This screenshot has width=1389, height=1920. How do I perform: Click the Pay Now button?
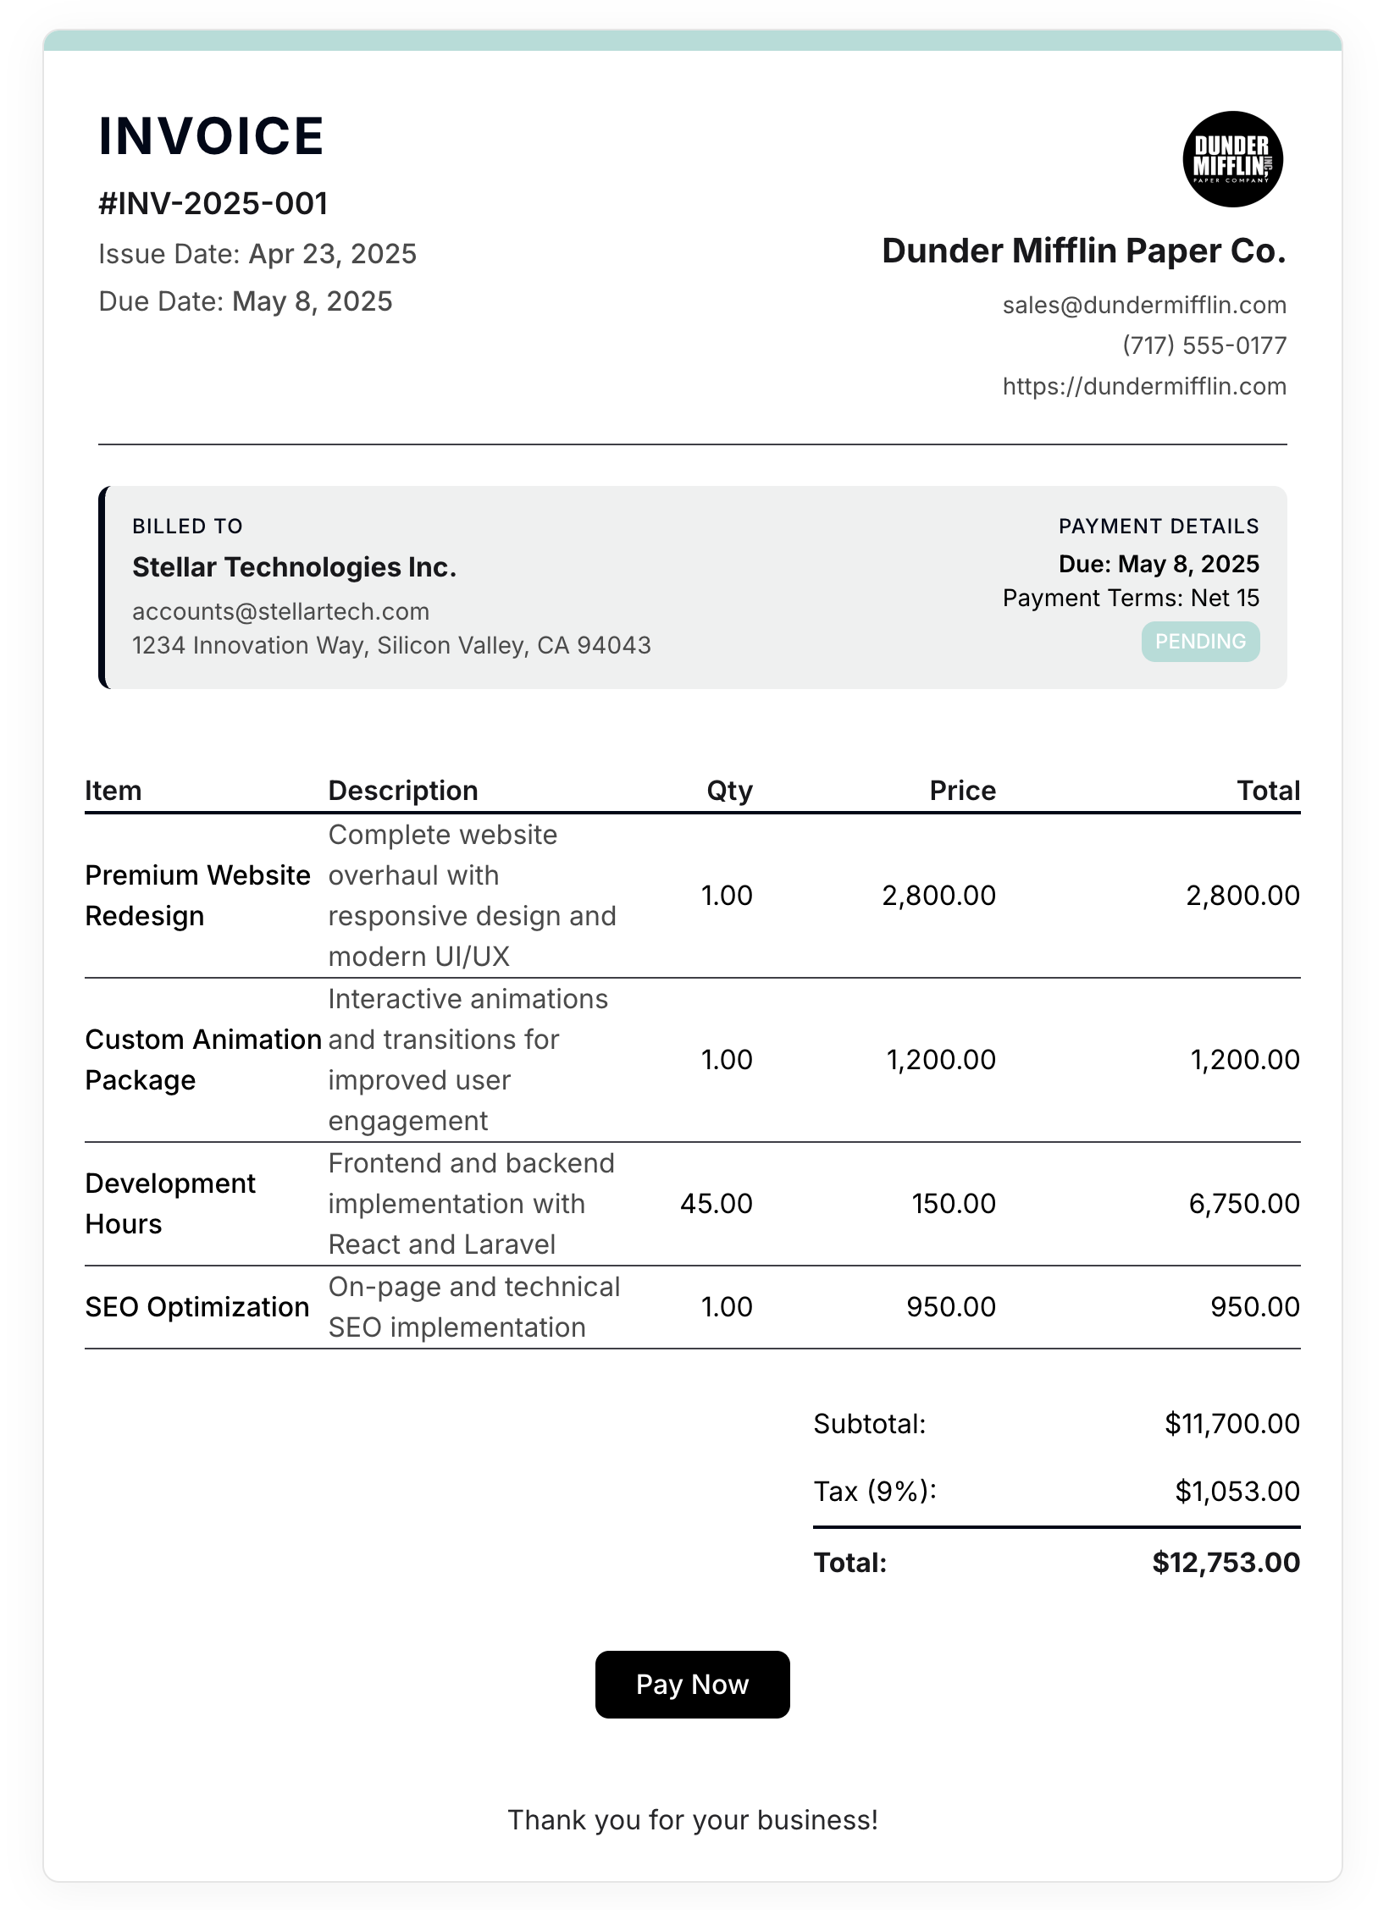coord(692,1684)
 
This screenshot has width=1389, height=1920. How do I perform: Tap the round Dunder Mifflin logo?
coord(1232,159)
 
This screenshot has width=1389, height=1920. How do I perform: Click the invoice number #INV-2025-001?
coord(213,203)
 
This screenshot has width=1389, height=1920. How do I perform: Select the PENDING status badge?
coord(1199,642)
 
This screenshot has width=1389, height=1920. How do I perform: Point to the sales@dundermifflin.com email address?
coord(1143,305)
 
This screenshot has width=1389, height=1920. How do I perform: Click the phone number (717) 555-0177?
coord(1204,345)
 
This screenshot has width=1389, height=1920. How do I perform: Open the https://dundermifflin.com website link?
coord(1143,386)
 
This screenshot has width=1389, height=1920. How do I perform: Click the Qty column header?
coord(729,791)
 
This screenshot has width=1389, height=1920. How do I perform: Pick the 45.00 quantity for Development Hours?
coord(716,1203)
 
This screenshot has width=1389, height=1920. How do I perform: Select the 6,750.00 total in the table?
coord(1243,1203)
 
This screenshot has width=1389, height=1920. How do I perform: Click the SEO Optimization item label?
coord(196,1306)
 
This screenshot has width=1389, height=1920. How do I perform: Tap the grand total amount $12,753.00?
coord(1226,1562)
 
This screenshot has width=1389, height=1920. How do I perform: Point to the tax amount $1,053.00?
coord(1237,1491)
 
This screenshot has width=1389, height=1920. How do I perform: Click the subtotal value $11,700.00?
coord(1231,1424)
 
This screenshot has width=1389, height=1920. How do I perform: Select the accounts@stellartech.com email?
coord(280,611)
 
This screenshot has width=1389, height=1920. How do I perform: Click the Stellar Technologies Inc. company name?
coord(294,567)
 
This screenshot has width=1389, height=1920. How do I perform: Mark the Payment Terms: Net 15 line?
coord(1130,598)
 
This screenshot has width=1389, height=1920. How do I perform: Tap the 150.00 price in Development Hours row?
coord(953,1203)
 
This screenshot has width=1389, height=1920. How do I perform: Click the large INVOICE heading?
coord(211,135)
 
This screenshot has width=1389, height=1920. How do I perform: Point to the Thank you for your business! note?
coord(692,1819)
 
